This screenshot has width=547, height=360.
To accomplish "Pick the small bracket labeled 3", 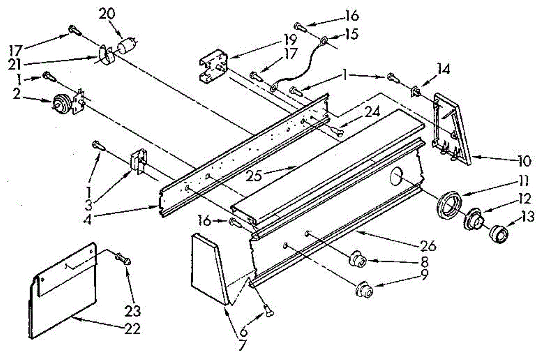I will [138, 161].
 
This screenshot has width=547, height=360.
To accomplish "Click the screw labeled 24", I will [338, 132].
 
